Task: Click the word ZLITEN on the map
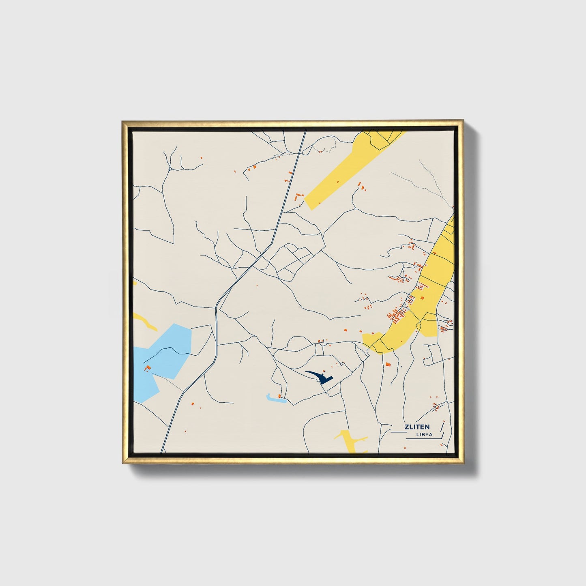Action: click(417, 427)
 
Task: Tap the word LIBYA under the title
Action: click(424, 434)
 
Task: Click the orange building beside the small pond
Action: click(280, 395)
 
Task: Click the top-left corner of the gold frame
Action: click(122, 121)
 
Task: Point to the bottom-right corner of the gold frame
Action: click(463, 463)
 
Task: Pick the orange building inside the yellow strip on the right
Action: click(422, 298)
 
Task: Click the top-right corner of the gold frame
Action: click(463, 121)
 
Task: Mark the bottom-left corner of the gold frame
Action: click(122, 463)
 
